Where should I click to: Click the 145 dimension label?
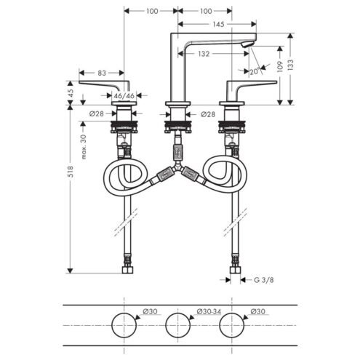pos(218,24)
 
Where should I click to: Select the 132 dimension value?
pos(204,54)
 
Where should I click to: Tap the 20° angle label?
pos(255,71)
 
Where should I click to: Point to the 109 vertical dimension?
pos(280,66)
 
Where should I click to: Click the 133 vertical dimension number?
pos(290,65)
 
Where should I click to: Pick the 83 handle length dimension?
pos(102,73)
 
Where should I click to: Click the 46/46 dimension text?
pos(124,96)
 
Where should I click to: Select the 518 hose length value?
pos(70,172)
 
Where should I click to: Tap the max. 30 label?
pos(84,147)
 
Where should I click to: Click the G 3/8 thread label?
pos(264,280)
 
